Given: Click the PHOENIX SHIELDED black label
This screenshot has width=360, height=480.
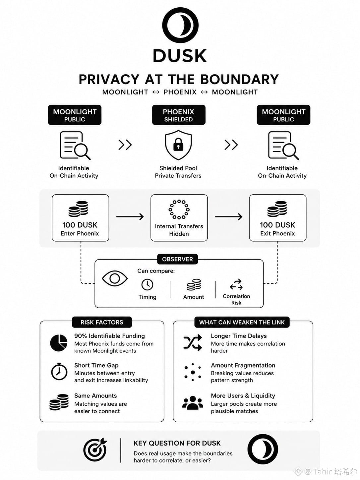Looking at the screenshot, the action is click(179, 115).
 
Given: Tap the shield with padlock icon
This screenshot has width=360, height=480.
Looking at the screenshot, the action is click(178, 145).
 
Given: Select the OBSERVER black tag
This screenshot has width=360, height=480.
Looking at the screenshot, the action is click(177, 259).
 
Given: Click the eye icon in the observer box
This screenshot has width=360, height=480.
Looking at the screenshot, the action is click(115, 278).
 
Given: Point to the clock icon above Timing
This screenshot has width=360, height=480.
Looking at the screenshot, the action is click(147, 284).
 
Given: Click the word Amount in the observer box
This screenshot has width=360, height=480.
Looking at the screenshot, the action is click(194, 297).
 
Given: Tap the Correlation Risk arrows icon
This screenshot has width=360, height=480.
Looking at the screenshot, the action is click(236, 284).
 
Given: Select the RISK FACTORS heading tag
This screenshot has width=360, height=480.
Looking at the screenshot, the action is click(102, 322).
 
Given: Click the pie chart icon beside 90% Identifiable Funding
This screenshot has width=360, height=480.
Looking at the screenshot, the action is click(59, 343).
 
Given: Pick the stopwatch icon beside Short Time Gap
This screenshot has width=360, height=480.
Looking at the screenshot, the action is click(59, 371).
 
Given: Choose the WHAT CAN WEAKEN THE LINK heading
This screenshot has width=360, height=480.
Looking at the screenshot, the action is click(242, 322).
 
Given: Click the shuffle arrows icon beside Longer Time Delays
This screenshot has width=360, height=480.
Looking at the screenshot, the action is click(193, 343).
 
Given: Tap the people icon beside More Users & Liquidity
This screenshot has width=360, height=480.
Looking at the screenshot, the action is click(193, 402).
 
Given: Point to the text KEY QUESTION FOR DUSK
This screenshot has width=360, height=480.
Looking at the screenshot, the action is click(177, 443).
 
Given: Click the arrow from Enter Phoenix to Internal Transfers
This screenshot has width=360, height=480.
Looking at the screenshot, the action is click(130, 217).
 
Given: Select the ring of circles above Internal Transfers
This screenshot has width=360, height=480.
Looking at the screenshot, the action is click(179, 210).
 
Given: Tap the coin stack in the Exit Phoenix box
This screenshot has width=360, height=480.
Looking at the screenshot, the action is click(277, 209).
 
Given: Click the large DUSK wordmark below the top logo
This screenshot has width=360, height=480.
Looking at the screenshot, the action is click(180, 56).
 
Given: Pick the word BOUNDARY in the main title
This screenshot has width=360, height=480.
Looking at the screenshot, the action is click(240, 79).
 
